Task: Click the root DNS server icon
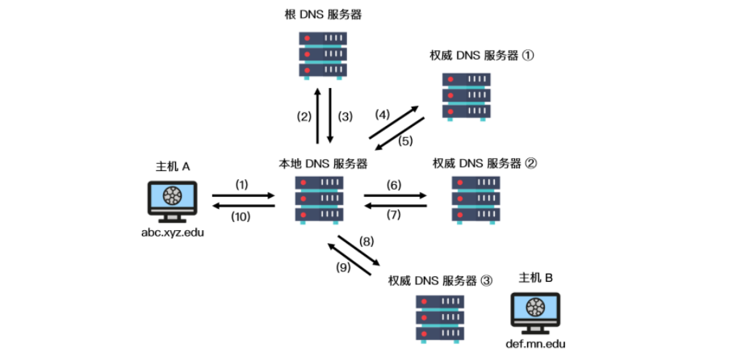pyautogui.click(x=323, y=55)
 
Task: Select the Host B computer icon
pyautogui.click(x=534, y=316)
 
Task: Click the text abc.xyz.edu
pyautogui.click(x=172, y=232)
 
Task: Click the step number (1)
pyautogui.click(x=242, y=184)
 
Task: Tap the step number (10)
pyautogui.click(x=242, y=217)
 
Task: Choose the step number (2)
pyautogui.click(x=304, y=116)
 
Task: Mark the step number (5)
pyautogui.click(x=405, y=140)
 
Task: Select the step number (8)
pyautogui.click(x=367, y=240)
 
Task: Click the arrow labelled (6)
pyautogui.click(x=395, y=195)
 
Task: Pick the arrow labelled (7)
pyautogui.click(x=395, y=207)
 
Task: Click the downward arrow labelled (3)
pyautogui.click(x=329, y=115)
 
